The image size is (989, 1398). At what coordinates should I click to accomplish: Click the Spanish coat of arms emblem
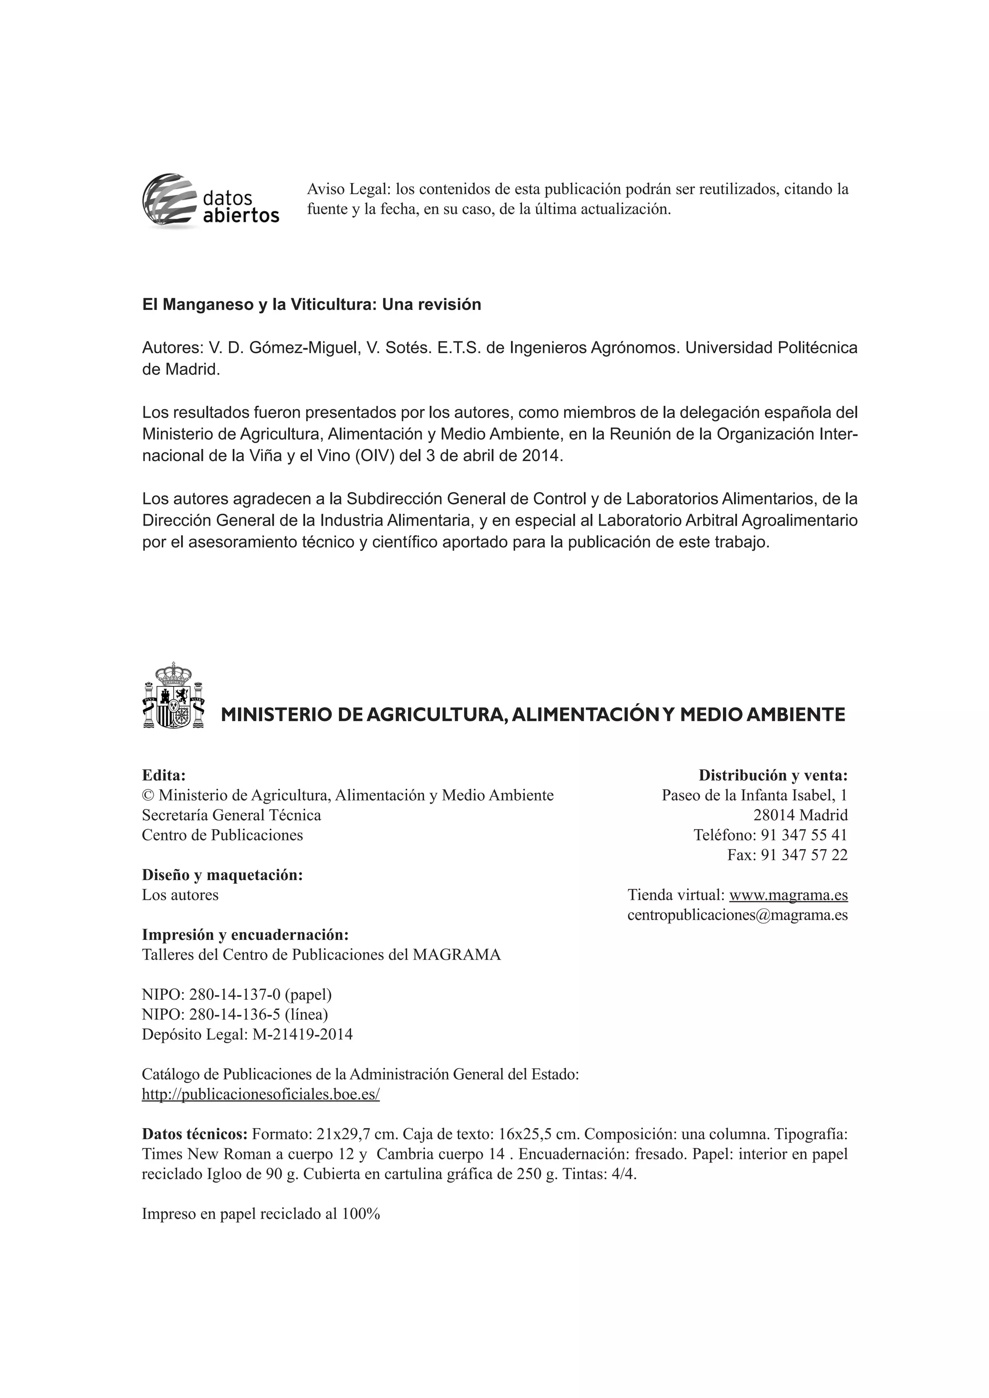(x=173, y=696)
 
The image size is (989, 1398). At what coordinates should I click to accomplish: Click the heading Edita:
(x=163, y=775)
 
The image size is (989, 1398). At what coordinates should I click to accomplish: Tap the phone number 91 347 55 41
(x=804, y=835)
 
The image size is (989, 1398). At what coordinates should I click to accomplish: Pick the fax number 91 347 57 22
(x=804, y=855)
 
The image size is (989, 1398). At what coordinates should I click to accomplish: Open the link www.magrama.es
(x=788, y=895)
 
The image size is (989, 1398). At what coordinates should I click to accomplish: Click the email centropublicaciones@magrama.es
(x=737, y=915)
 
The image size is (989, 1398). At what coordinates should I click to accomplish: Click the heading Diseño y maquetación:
(x=222, y=875)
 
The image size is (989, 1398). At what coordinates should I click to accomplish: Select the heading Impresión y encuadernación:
(x=245, y=935)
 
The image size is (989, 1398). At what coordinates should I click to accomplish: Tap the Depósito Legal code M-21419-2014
(x=302, y=1035)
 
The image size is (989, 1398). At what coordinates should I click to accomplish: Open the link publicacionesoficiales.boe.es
(x=261, y=1094)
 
